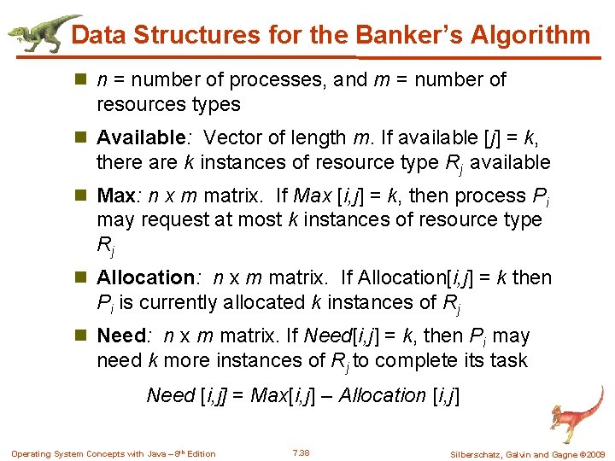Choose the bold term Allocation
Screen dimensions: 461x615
(x=145, y=277)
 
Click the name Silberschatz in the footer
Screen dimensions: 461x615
(x=477, y=453)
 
